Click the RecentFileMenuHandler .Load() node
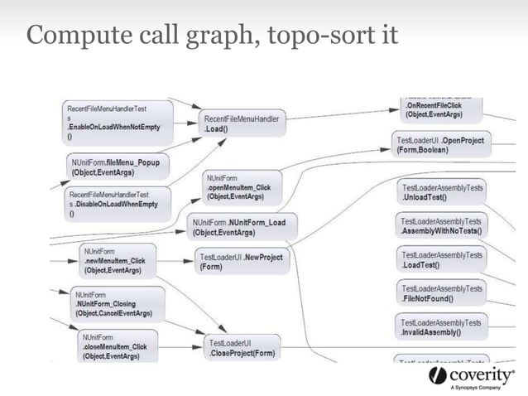[242, 124]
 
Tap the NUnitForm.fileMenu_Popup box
[117, 167]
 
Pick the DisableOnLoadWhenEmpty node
[117, 204]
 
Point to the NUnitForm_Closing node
[115, 304]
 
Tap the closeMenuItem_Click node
[117, 346]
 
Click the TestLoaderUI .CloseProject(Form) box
[242, 348]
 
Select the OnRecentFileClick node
[439, 110]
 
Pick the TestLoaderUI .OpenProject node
[439, 145]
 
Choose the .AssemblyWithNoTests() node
[440, 226]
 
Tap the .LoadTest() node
[440, 260]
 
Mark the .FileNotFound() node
[440, 293]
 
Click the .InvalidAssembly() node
[440, 326]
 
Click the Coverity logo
[469, 377]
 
